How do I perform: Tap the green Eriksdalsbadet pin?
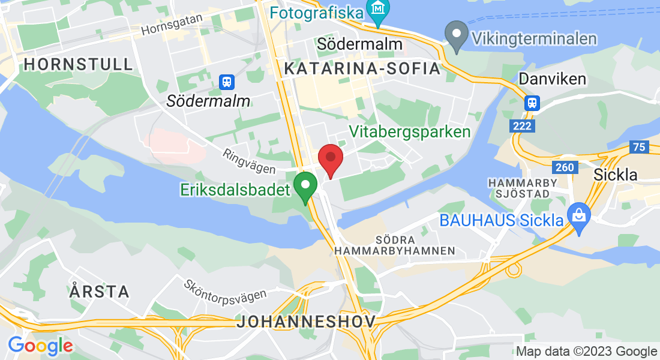[x=305, y=186]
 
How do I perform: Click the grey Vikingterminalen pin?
[x=457, y=34]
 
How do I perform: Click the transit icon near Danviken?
[x=532, y=102]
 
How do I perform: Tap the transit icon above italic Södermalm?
[x=227, y=81]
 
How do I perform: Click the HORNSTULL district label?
[x=78, y=64]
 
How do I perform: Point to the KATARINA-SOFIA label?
[x=362, y=69]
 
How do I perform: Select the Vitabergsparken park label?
[x=410, y=131]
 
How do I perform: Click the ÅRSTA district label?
[x=99, y=292]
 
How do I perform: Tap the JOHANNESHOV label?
[x=306, y=321]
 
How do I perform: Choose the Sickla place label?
[x=615, y=175]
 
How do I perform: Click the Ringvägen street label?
[x=248, y=161]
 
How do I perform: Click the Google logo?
[x=40, y=346]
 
